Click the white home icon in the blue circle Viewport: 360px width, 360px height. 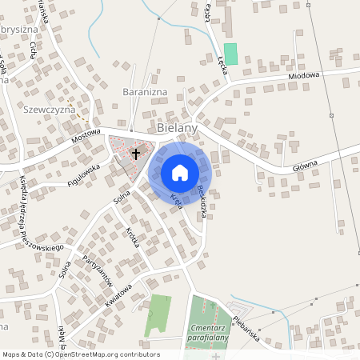pos(179,172)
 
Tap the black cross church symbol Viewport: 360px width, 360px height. pos(136,154)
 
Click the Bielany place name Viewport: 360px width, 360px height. pos(177,127)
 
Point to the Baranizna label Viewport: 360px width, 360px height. pos(143,92)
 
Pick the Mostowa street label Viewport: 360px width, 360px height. pos(86,138)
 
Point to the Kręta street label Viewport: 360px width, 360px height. pos(177,201)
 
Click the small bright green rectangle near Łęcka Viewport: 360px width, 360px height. pos(231,54)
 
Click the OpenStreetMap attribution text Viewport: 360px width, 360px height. pos(81,354)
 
